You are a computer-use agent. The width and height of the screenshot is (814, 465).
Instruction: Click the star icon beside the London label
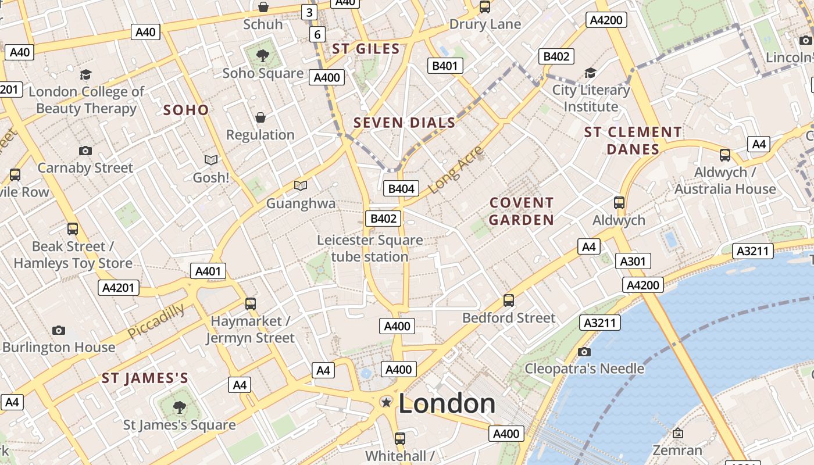(385, 402)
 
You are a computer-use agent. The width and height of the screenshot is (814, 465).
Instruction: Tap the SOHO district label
(185, 110)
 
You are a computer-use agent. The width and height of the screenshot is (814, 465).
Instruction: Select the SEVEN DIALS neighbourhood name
(404, 123)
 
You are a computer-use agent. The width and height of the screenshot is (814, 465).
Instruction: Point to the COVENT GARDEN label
(521, 211)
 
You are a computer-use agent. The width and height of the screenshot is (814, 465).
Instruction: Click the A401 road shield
(208, 271)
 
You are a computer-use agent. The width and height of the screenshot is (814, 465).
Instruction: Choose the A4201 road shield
(118, 287)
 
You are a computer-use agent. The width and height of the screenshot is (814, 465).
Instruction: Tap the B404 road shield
(401, 188)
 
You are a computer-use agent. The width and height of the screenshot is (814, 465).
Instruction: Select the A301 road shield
(633, 261)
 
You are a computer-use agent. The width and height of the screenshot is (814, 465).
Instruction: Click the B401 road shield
(445, 66)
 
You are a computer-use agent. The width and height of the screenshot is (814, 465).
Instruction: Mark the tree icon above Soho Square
(263, 56)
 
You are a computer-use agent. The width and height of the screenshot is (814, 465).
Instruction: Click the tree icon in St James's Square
(179, 407)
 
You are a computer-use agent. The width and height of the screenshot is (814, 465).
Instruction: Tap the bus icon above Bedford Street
(509, 300)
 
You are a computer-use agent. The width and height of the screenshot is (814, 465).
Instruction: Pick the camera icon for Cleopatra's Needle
(584, 352)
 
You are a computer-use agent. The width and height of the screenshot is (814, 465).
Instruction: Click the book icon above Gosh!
(211, 160)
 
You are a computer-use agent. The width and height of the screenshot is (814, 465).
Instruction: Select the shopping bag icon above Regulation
(260, 117)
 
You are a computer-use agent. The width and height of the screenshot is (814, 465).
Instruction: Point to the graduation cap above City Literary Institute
(590, 73)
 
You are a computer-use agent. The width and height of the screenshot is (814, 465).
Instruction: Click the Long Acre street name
(456, 170)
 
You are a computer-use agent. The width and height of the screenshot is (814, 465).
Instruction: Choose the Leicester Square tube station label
(370, 248)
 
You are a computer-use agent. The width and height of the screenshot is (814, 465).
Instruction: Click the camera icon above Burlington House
(59, 330)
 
